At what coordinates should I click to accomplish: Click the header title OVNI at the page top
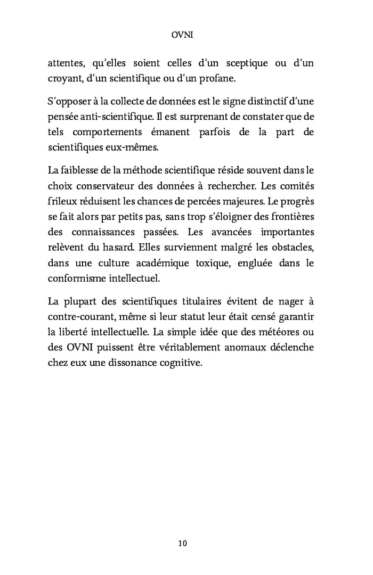click(x=183, y=35)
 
